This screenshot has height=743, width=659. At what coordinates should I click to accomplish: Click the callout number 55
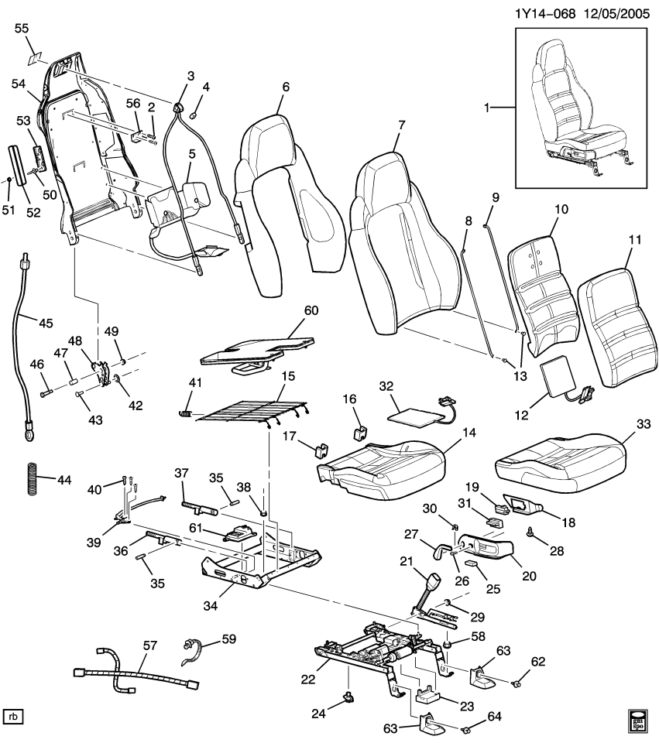pos(22,28)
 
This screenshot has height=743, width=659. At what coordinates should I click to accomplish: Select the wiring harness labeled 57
pos(132,672)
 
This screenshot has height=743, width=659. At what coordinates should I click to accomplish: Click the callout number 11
pos(635,240)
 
